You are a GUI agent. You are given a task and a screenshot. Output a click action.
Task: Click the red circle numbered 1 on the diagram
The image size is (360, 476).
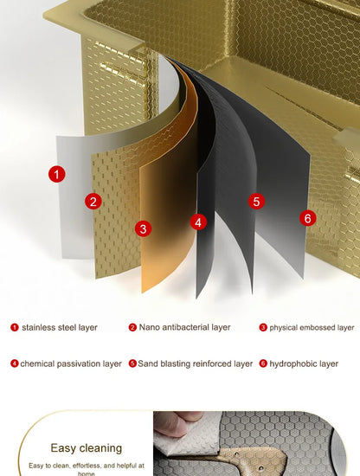tap(57, 174)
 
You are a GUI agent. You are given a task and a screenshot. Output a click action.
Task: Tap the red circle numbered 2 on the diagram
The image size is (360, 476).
tap(93, 202)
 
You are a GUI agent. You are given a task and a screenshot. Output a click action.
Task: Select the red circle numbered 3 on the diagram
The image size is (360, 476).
tap(144, 228)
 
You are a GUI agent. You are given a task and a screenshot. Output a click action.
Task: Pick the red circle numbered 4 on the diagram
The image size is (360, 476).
tap(198, 222)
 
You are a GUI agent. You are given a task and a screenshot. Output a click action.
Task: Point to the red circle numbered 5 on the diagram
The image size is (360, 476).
tap(256, 202)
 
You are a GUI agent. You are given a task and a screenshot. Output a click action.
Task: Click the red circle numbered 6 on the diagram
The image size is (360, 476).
tap(308, 218)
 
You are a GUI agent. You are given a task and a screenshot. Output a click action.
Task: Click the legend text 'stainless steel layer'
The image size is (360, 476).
tap(60, 327)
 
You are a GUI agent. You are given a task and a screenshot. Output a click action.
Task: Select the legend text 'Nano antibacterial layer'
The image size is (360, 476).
tap(184, 327)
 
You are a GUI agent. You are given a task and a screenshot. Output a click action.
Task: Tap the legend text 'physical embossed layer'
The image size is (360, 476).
tap(312, 327)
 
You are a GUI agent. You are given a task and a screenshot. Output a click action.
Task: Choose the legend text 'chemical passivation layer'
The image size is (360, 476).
tap(71, 363)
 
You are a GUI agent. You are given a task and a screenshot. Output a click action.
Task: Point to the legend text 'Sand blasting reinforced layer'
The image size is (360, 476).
tap(196, 363)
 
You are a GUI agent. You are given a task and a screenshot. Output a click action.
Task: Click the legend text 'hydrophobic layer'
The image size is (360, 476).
tap(304, 363)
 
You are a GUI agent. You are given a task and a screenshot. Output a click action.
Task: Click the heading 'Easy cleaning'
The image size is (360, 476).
tap(87, 448)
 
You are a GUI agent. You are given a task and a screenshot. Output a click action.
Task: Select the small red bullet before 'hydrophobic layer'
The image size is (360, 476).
tap(263, 363)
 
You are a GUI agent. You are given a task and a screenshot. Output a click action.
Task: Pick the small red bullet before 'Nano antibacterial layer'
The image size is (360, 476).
tap(132, 327)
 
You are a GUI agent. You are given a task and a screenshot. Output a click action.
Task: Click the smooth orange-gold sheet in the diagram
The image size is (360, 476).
tap(169, 213)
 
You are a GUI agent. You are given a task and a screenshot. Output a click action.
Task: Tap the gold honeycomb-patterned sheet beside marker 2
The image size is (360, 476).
tap(115, 213)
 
